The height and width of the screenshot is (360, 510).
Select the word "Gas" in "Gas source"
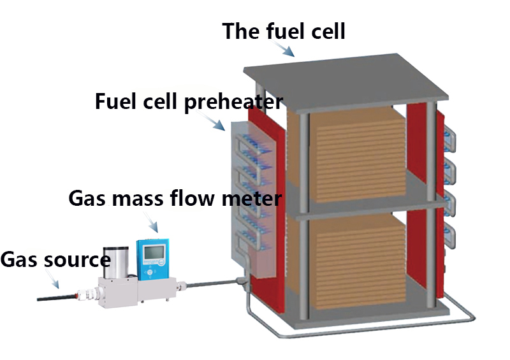pos(17,260)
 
